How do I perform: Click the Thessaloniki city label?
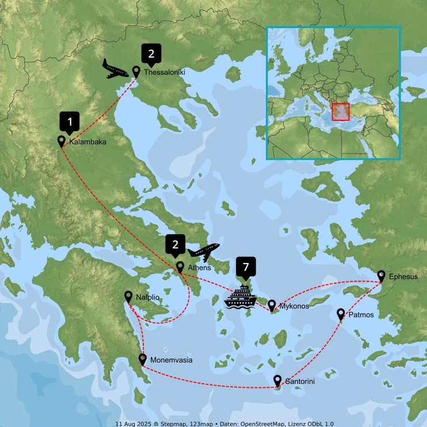[x=165, y=73]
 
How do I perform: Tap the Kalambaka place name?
[x=87, y=142]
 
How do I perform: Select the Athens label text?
[x=199, y=268]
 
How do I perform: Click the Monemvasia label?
[x=171, y=361]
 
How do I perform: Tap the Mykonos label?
[x=294, y=307]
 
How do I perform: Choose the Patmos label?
[x=361, y=315]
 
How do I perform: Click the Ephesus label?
[x=403, y=277]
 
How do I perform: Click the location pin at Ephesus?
[x=381, y=276]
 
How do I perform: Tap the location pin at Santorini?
[x=277, y=380]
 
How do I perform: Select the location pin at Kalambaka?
[x=62, y=140]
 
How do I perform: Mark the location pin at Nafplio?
[x=129, y=296]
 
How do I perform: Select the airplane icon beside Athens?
[x=204, y=251]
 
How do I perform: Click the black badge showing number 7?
[x=246, y=268]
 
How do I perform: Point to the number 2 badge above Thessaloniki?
[x=151, y=54]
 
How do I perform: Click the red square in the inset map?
[x=340, y=112]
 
